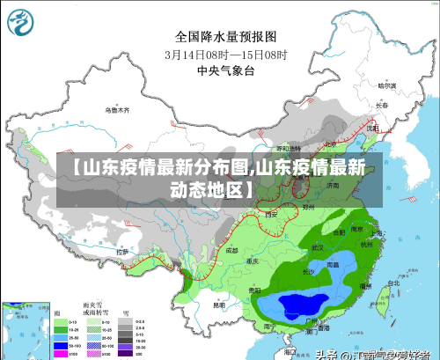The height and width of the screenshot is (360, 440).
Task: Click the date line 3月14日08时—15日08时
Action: click(x=225, y=53)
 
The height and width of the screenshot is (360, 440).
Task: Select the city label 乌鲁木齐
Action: click(x=117, y=111)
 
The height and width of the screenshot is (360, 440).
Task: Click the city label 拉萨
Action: click(x=122, y=252)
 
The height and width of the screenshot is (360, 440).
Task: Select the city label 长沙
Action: click(x=307, y=271)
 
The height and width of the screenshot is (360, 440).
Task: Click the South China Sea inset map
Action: click(x=25, y=330)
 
